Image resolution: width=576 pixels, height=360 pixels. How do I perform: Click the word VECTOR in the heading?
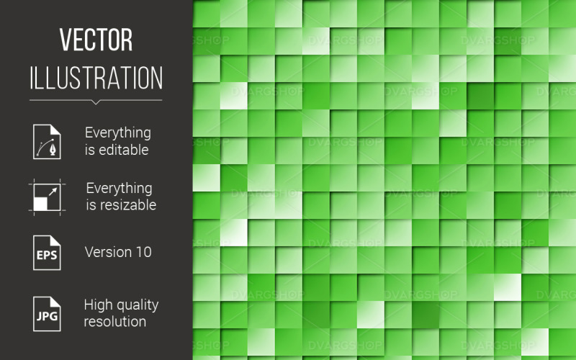coord(96,41)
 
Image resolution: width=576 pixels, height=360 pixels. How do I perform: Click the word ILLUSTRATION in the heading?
coord(96,77)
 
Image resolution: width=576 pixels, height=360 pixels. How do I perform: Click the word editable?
coord(124,150)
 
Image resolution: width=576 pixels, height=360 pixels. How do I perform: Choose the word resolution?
coord(114,321)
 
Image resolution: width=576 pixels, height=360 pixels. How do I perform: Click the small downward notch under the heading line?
coord(96,102)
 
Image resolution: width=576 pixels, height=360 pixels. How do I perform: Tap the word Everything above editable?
coord(118,132)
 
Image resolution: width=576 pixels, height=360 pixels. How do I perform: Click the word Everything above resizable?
coord(119,188)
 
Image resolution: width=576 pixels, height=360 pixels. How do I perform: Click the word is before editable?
coord(89,150)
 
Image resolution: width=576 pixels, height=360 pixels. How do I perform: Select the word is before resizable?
coord(91,205)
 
